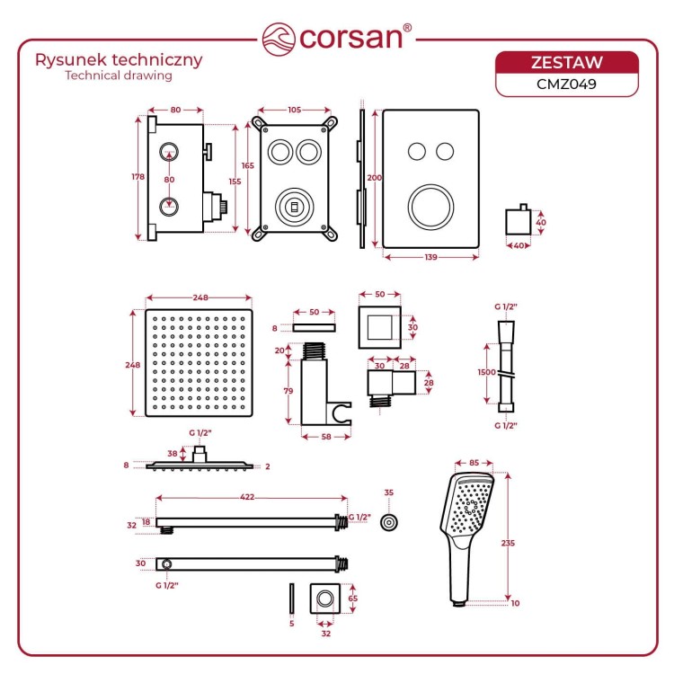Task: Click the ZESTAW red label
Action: pyautogui.click(x=567, y=62)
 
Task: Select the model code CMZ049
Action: pyautogui.click(x=567, y=84)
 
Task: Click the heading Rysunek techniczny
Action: pyautogui.click(x=118, y=60)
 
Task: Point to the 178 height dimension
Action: pyautogui.click(x=137, y=177)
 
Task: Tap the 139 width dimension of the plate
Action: pyautogui.click(x=430, y=258)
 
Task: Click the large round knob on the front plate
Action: pyautogui.click(x=430, y=207)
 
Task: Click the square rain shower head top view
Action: pyautogui.click(x=199, y=364)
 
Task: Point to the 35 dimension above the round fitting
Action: pyautogui.click(x=388, y=493)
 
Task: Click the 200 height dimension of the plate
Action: pyautogui.click(x=375, y=177)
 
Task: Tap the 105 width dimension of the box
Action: pyautogui.click(x=294, y=111)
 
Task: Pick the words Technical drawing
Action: pyautogui.click(x=118, y=76)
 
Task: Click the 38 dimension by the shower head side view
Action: pyautogui.click(x=173, y=454)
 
